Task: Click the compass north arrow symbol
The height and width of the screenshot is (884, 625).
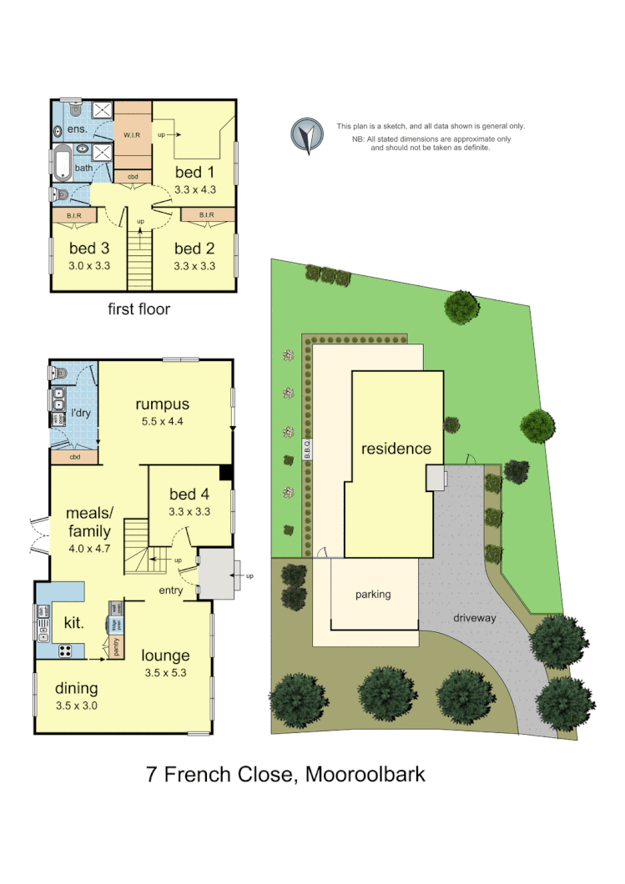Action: pos(306,135)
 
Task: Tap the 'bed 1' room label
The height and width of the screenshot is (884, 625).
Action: pos(189,172)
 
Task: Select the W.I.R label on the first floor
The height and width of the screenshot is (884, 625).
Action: pos(133,134)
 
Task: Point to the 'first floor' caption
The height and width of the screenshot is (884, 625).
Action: pos(139,309)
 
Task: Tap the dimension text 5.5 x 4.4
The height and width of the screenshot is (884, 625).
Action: pos(162,421)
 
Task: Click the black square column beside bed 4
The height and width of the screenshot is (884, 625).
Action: pos(225,472)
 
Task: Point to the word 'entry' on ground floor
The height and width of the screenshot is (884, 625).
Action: pos(171,590)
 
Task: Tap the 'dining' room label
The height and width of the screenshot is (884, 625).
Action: pos(77,688)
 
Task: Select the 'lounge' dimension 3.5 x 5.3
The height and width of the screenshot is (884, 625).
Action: pos(165,672)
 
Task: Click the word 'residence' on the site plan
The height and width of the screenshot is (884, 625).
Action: pos(396,449)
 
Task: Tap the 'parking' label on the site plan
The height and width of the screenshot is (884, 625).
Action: pos(373,595)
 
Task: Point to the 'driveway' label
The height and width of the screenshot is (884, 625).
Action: pos(474,618)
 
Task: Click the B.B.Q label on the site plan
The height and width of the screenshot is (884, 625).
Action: pos(307,451)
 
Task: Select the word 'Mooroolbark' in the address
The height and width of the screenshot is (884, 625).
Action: pos(365,774)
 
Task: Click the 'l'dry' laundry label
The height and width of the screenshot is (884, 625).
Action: pos(80,414)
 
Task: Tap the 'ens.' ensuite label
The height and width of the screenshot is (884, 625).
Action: pos(78,130)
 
